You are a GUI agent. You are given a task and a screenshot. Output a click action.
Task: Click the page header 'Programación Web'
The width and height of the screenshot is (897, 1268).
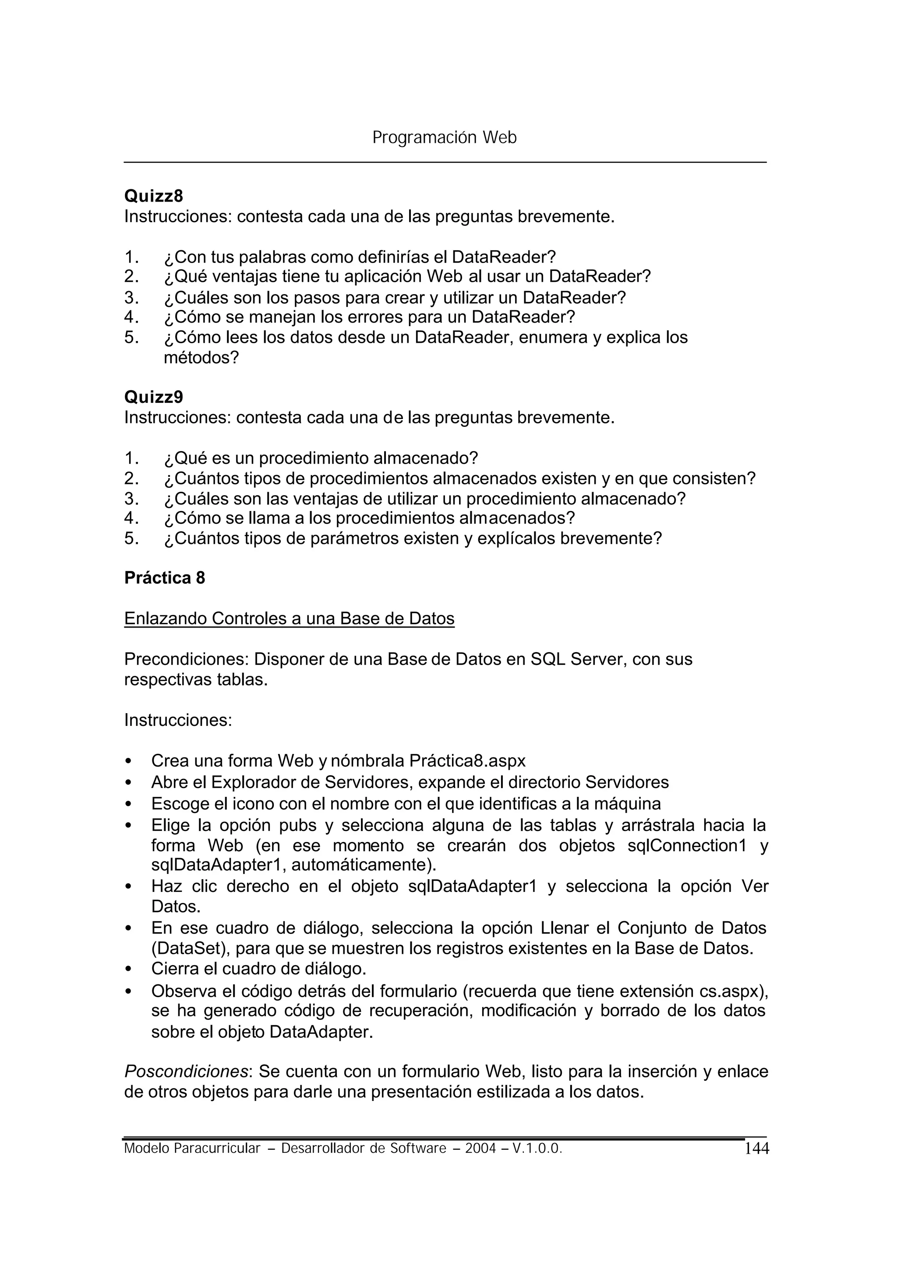coord(444,137)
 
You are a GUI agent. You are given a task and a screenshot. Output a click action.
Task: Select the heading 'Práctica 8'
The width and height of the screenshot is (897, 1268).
coord(165,578)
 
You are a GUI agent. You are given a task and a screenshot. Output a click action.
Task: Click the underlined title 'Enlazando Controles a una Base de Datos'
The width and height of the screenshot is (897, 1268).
coord(289,618)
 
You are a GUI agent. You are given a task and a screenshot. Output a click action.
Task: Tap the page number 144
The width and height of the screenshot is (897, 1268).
coord(757,1149)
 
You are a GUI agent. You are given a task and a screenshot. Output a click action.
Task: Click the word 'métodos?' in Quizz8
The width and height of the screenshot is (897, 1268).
coord(201,358)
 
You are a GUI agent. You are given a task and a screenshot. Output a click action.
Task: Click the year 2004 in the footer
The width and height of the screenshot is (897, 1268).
coord(480,1149)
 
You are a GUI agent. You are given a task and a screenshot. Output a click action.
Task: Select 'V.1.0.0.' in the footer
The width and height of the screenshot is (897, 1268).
coord(537,1149)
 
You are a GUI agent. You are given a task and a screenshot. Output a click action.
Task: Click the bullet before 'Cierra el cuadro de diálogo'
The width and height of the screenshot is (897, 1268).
coord(129,970)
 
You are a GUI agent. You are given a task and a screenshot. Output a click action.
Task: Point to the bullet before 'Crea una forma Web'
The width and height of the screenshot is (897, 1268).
coord(129,762)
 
